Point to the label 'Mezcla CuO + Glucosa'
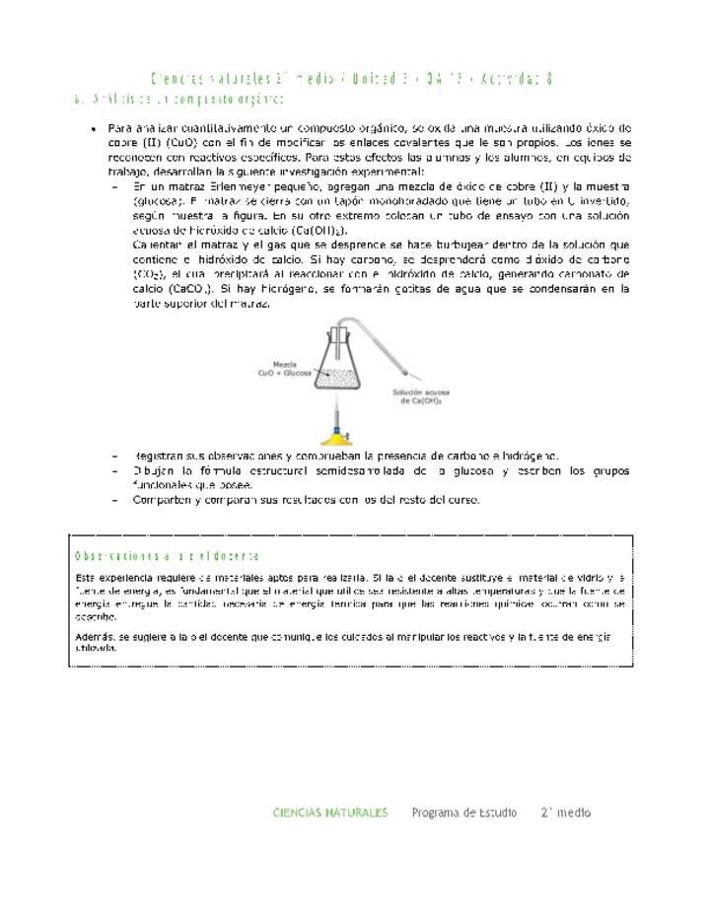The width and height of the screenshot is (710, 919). tap(284, 369)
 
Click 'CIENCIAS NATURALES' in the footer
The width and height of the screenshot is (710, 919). tap(330, 813)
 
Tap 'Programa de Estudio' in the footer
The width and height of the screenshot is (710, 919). tap(463, 813)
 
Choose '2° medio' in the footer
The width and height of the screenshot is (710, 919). tap(565, 813)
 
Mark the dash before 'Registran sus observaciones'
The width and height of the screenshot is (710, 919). tap(116, 457)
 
